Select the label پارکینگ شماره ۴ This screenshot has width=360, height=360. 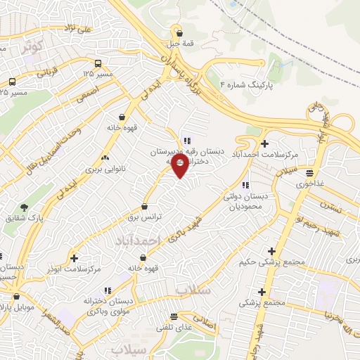[243, 84]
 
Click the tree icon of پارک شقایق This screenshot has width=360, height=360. [25, 208]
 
